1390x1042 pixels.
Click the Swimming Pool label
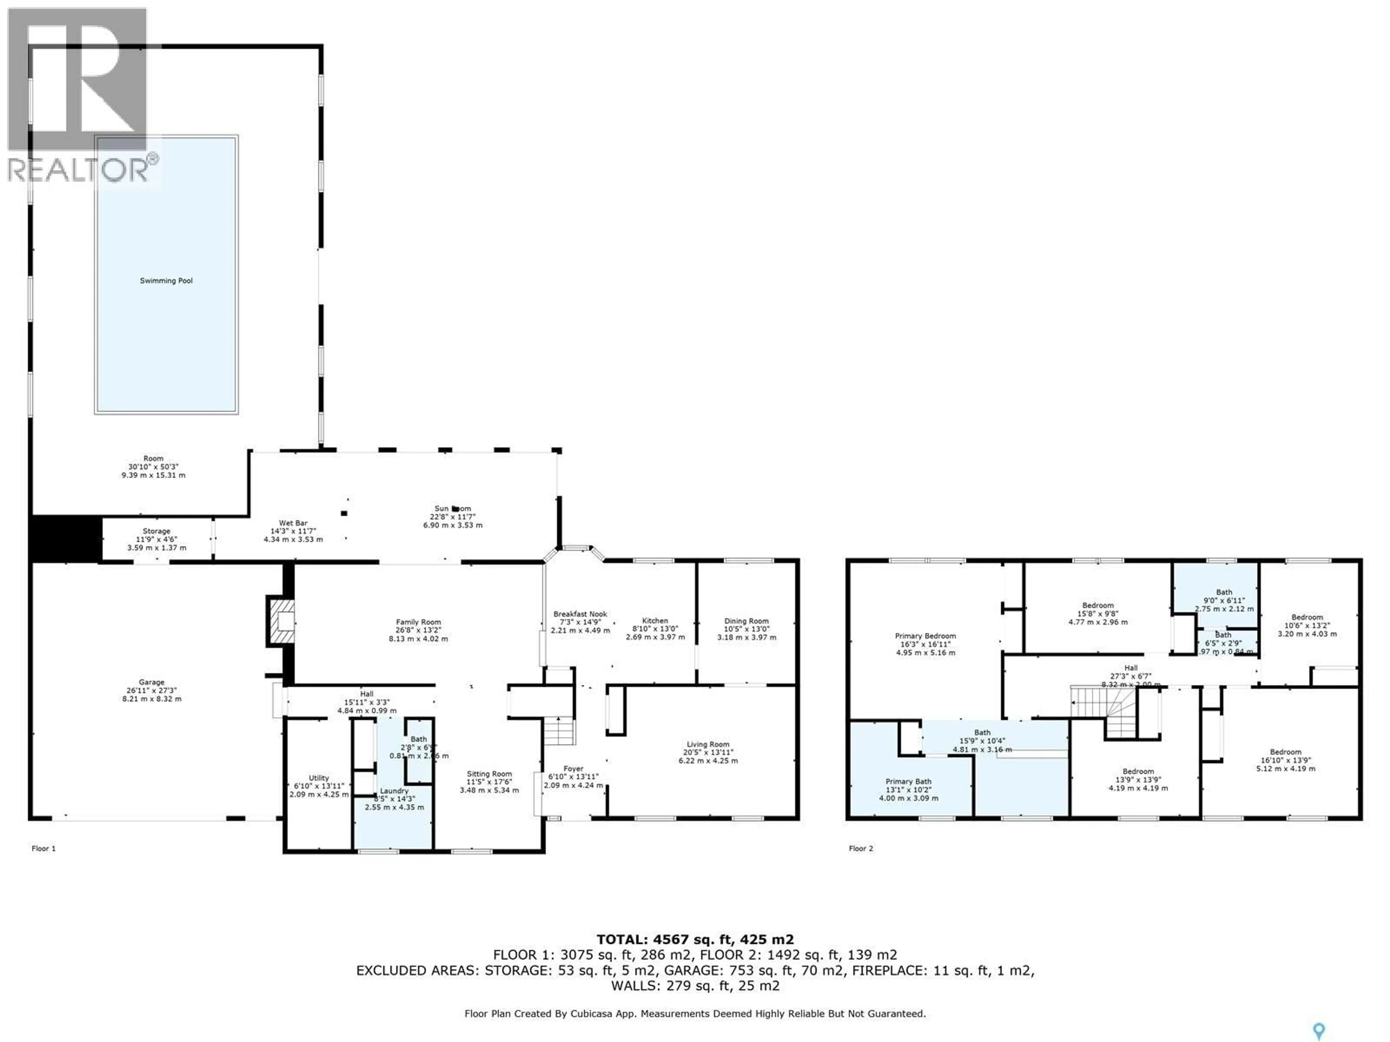[x=166, y=281]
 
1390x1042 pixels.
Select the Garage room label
[x=151, y=682]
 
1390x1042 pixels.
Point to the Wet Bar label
[x=293, y=523]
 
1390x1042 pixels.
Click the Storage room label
[x=156, y=531]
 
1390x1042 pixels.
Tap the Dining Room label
[x=746, y=621]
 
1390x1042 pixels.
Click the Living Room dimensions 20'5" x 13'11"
[x=708, y=753]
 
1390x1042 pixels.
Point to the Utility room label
[x=319, y=778]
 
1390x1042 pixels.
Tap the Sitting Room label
[x=489, y=774]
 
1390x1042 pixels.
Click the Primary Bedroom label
[x=925, y=636]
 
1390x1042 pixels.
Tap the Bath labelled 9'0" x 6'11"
[x=1223, y=592]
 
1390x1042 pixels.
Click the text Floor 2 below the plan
[x=860, y=848]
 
